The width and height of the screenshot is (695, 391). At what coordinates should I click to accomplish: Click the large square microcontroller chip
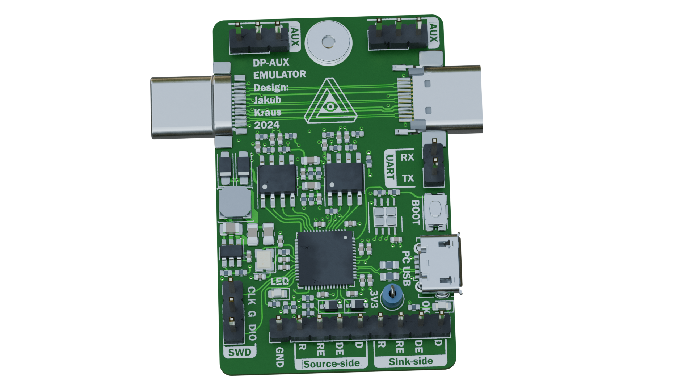pos(325,258)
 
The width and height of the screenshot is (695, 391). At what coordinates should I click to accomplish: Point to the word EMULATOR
pos(279,75)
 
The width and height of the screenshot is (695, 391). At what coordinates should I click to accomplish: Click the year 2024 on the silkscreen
pos(267,125)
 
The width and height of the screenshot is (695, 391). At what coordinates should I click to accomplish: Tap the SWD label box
pos(240,352)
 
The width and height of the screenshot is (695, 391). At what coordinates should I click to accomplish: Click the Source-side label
pos(332,364)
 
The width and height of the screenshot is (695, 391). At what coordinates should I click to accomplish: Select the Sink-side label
pos(411,361)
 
